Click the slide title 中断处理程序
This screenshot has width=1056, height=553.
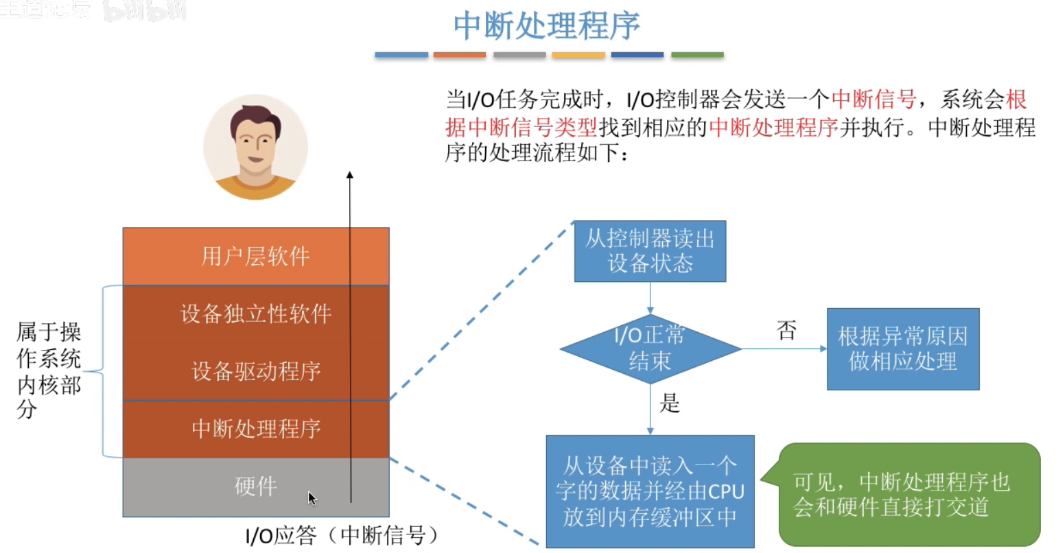click(x=546, y=26)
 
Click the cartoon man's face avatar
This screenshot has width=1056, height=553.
click(x=255, y=147)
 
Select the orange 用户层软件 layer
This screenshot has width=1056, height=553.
click(x=255, y=257)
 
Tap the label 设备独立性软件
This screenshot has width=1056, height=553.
click(x=255, y=314)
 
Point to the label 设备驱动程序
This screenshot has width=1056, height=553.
click(x=255, y=371)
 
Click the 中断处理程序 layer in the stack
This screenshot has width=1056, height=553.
click(x=255, y=429)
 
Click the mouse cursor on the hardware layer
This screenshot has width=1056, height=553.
click(x=312, y=497)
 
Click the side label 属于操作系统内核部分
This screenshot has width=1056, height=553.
click(x=48, y=370)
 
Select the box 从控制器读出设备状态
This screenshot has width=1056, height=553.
click(x=649, y=251)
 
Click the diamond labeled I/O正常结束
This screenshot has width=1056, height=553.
click(x=650, y=349)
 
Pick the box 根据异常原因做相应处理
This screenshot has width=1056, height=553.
click(x=902, y=349)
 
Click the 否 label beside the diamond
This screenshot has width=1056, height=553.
click(x=786, y=331)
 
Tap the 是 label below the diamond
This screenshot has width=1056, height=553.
click(x=669, y=403)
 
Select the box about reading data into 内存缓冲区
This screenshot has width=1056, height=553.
click(x=649, y=491)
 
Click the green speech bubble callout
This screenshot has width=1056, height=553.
click(x=908, y=494)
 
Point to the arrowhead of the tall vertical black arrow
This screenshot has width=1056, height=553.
click(x=350, y=176)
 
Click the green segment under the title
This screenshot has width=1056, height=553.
click(x=697, y=55)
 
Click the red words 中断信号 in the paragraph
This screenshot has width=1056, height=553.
click(x=873, y=100)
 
